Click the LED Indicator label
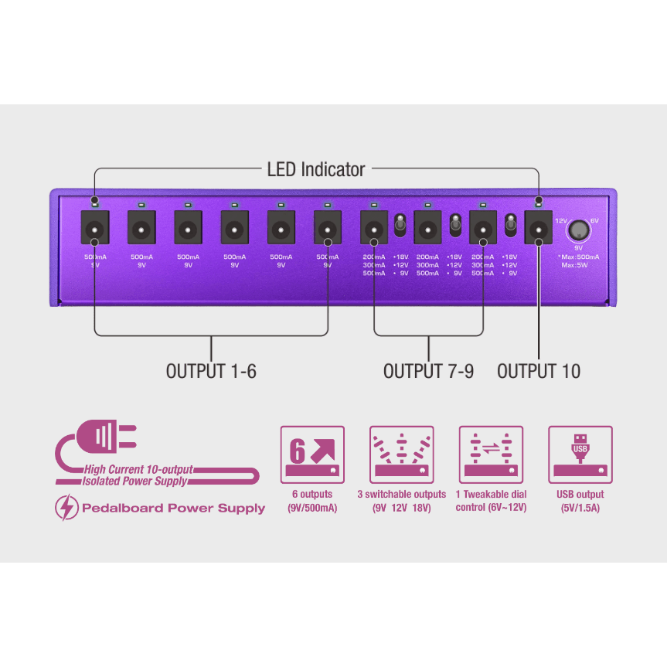(x=315, y=168)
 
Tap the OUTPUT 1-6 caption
(x=211, y=371)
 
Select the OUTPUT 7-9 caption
(x=428, y=371)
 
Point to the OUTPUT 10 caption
(x=539, y=371)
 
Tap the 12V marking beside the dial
(x=561, y=220)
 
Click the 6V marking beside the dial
(x=594, y=220)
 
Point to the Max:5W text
(x=577, y=265)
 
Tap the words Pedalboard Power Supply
(x=173, y=509)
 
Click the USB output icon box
(x=580, y=454)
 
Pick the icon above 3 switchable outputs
(x=402, y=454)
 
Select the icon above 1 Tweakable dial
(x=491, y=454)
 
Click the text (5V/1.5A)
(x=580, y=509)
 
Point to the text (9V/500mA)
(x=312, y=509)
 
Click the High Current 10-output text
(x=139, y=469)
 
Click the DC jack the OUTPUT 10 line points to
(x=538, y=229)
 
